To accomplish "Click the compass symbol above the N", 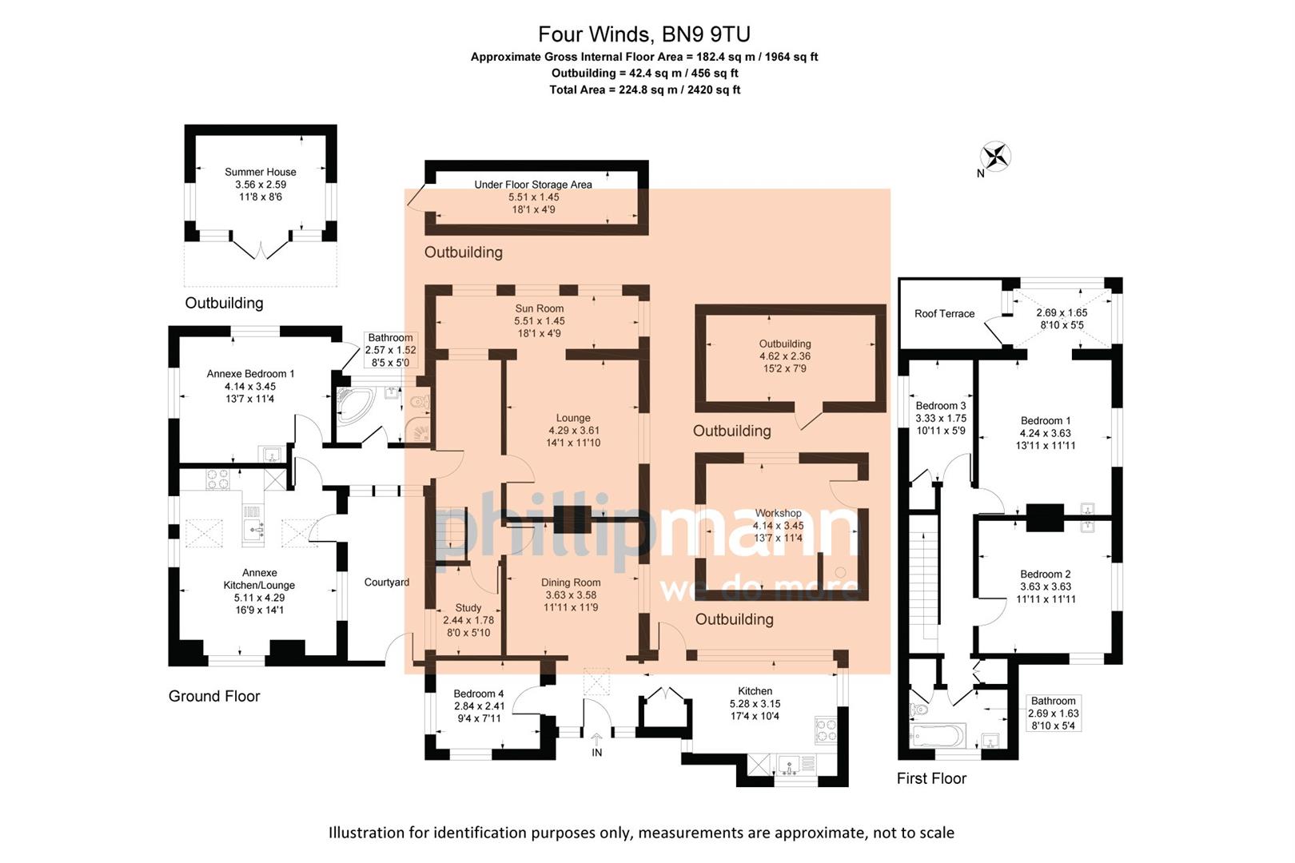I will pyautogui.click(x=996, y=156).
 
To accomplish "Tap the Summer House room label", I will pyautogui.click(x=260, y=172).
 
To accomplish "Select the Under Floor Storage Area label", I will pyautogui.click(x=533, y=185).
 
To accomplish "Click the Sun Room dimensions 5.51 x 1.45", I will pyautogui.click(x=540, y=321).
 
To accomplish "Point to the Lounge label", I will pyautogui.click(x=573, y=418).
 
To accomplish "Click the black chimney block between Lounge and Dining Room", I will pyautogui.click(x=572, y=519).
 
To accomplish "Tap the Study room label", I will pyautogui.click(x=468, y=608).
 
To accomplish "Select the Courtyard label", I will pyautogui.click(x=387, y=583).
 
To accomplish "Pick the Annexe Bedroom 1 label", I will pyautogui.click(x=250, y=374).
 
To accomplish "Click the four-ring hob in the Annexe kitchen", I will pyautogui.click(x=218, y=479).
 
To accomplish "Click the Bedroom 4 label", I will pyautogui.click(x=478, y=694).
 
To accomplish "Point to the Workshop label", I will pyautogui.click(x=778, y=513).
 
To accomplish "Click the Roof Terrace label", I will pyautogui.click(x=944, y=314).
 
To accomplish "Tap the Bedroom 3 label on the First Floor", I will pyautogui.click(x=941, y=406).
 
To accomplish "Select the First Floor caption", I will pyautogui.click(x=931, y=778).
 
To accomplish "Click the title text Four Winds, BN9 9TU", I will pyautogui.click(x=644, y=34).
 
